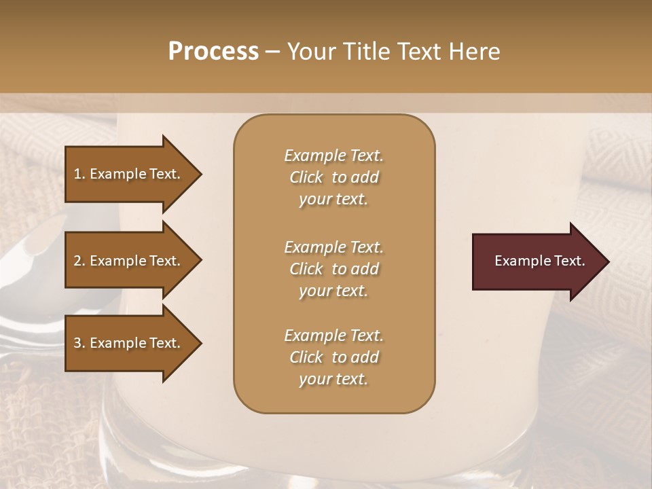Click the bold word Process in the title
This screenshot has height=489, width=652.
point(213,51)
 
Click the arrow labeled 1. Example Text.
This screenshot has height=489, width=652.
point(129,174)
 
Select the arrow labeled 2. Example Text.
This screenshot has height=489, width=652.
point(129,261)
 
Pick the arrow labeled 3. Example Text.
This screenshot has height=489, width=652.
point(129,343)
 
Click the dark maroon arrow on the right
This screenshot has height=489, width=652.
point(537,261)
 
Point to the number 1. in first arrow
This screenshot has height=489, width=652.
point(80,174)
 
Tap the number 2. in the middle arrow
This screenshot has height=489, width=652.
point(80,261)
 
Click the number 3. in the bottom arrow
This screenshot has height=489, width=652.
point(80,343)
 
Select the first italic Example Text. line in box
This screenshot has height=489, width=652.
point(333,156)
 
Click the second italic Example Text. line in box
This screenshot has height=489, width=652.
point(333,247)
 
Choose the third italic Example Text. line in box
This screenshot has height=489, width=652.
point(333,336)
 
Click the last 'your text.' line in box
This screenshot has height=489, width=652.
point(333,380)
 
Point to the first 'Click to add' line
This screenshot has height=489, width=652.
point(333,177)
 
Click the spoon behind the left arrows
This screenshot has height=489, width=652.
point(27,272)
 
